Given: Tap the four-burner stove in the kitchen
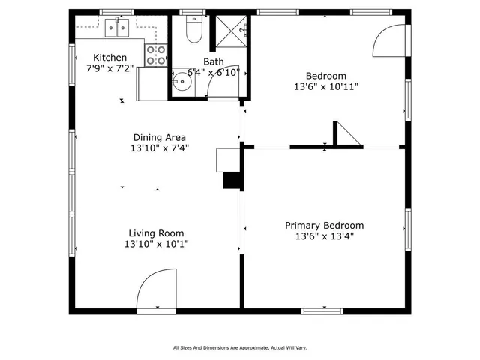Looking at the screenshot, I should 155,55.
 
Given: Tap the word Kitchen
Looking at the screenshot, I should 109,58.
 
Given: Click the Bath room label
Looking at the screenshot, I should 213,61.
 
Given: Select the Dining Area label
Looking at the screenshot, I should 159,137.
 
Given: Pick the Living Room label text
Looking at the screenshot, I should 155,233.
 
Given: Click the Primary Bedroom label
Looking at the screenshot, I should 324,226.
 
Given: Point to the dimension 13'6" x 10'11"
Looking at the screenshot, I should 325,86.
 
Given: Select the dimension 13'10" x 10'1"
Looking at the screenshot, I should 156,244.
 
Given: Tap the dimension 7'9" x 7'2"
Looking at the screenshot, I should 109,68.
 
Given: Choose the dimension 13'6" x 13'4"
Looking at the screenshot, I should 324,236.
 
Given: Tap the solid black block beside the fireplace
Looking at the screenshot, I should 232,181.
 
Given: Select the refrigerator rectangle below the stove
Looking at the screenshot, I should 151,83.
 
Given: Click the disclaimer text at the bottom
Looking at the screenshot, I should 240,347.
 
